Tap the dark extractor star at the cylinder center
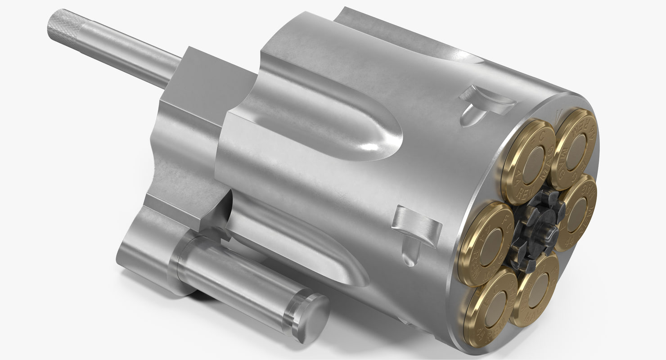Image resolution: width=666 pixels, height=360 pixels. click(x=537, y=229)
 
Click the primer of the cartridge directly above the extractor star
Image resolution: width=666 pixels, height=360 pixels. click(x=534, y=161)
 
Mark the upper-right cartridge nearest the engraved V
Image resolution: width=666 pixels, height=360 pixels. click(x=576, y=148)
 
